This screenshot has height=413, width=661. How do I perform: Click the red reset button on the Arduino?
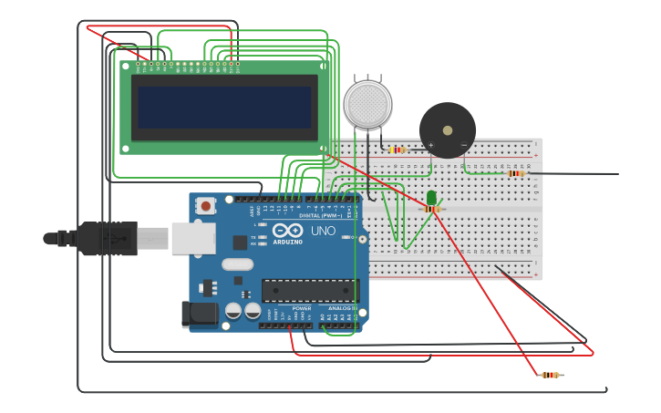(206, 206)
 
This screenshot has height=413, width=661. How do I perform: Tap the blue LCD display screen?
(224, 107)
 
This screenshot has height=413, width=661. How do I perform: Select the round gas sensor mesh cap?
(367, 103)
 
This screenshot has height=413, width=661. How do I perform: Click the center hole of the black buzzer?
(448, 130)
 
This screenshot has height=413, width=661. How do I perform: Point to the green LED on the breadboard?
(431, 197)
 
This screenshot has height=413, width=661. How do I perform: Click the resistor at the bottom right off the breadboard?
(550, 375)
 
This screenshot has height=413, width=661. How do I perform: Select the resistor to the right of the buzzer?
(516, 173)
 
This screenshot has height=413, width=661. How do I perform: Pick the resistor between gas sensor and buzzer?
(398, 150)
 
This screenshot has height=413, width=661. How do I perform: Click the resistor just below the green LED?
(432, 209)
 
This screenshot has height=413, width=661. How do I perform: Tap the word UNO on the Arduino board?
(323, 231)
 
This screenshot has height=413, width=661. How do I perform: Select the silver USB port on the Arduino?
(193, 238)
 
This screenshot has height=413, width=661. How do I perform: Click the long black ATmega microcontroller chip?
(310, 290)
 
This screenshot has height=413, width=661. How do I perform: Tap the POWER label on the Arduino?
(302, 308)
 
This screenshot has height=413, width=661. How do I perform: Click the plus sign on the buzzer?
(431, 145)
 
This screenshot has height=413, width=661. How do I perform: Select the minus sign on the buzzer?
(463, 145)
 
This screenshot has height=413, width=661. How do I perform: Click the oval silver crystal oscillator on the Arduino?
(236, 264)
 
